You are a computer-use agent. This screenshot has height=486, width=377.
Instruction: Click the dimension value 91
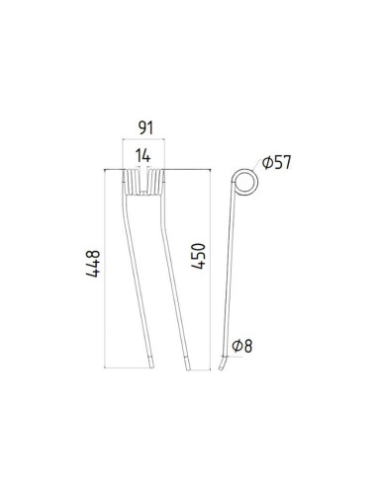coord(145,127)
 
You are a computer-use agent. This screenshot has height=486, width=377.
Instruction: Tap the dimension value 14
coord(142,155)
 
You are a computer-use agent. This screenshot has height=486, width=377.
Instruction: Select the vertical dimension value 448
coord(93,264)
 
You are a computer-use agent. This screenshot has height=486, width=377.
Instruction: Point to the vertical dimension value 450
coord(198,256)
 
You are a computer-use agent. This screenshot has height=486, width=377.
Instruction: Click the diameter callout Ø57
coord(277,163)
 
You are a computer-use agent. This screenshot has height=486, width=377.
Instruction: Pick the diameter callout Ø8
coord(242,346)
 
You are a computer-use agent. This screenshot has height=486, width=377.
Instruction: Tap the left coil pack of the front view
coord(132,182)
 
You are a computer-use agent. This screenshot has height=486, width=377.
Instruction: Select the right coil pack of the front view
coord(156,182)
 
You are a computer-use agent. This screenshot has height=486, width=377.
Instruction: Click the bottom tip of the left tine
coord(151,367)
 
